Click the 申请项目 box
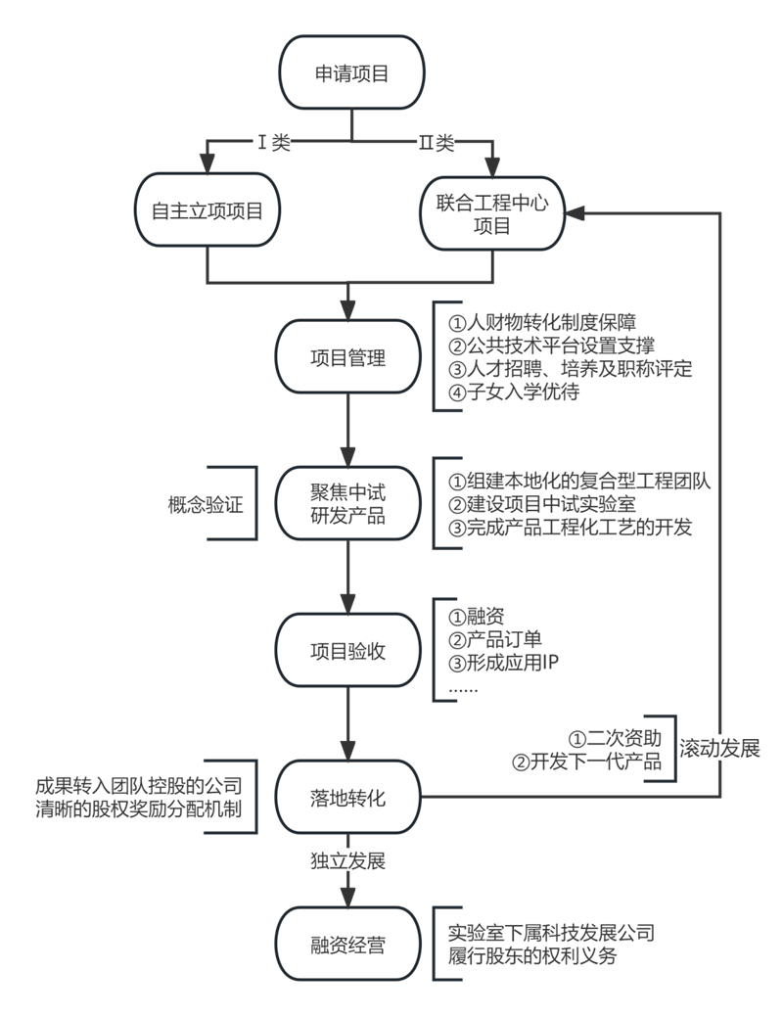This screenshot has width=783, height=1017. click(350, 74)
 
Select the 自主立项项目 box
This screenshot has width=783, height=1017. click(207, 210)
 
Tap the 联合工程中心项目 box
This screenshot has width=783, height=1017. click(493, 210)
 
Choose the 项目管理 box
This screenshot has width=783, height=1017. click(347, 357)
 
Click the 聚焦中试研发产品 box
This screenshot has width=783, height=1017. click(347, 504)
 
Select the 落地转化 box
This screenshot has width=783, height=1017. click(347, 798)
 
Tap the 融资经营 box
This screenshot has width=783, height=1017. click(347, 946)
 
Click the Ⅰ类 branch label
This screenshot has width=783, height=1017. click(273, 143)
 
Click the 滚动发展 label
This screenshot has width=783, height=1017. click(719, 748)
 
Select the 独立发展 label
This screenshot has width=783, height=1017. click(347, 861)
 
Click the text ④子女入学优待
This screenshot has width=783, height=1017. click(515, 393)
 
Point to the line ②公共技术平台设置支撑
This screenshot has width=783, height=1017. click(551, 346)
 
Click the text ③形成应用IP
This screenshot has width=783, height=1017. click(504, 663)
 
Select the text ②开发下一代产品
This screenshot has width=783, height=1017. click(587, 761)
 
